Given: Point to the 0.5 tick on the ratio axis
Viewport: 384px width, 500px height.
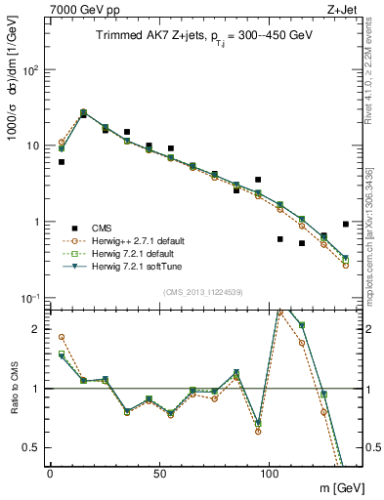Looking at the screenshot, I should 31,447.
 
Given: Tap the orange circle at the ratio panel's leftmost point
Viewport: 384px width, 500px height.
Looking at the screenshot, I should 62,337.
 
